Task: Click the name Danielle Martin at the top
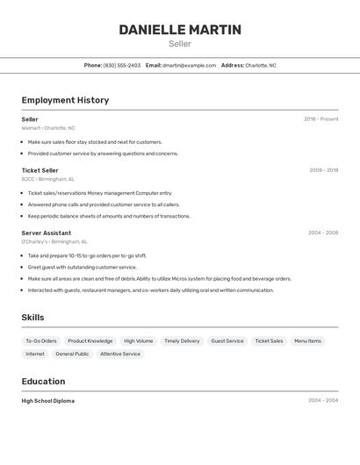[180, 30]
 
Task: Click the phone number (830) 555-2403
[122, 65]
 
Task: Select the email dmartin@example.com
[189, 65]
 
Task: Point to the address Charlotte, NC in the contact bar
[261, 65]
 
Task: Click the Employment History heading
[65, 100]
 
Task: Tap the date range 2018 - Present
[320, 119]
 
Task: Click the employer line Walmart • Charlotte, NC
[48, 128]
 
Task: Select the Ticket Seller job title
[40, 170]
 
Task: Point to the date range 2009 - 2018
[323, 170]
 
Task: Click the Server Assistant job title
[47, 233]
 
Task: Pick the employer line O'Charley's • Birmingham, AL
[54, 242]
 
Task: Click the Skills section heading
[32, 318]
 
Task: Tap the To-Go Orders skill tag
[41, 341]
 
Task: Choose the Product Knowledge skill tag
[90, 341]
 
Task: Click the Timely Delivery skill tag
[182, 341]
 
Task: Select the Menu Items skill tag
[307, 341]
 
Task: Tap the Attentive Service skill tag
[120, 354]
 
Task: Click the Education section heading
[43, 382]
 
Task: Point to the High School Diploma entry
[48, 401]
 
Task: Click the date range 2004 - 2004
[323, 401]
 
